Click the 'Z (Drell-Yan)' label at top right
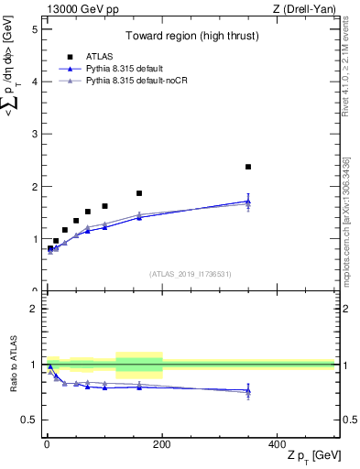(x=304, y=9)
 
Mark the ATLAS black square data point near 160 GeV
(x=139, y=193)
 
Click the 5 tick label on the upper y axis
(x=35, y=28)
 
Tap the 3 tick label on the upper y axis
(x=35, y=134)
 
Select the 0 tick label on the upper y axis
(x=35, y=291)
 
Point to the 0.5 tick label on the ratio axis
(x=29, y=420)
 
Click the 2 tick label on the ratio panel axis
(x=35, y=309)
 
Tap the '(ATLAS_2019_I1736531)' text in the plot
(x=190, y=274)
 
